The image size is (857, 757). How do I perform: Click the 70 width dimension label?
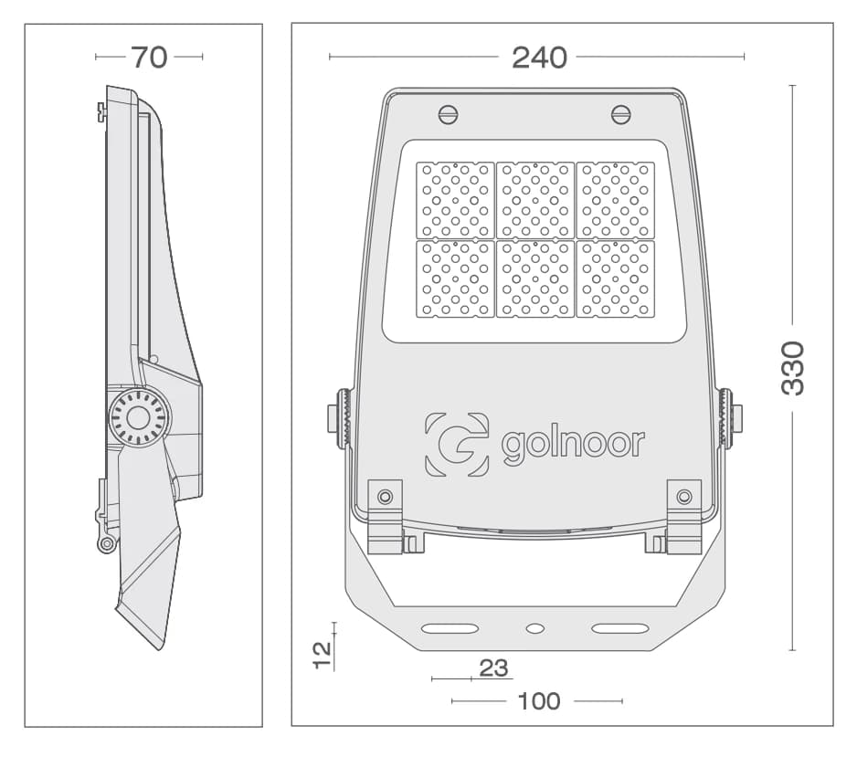[x=149, y=57]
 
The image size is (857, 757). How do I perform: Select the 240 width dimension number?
[x=539, y=58]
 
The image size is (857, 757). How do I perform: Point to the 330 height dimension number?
[x=792, y=368]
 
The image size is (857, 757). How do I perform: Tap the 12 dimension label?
[x=323, y=655]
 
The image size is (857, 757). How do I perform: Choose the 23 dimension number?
[x=493, y=668]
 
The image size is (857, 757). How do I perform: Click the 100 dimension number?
[x=539, y=701]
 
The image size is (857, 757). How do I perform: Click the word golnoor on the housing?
[x=573, y=444]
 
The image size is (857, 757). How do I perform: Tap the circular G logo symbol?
[x=457, y=444]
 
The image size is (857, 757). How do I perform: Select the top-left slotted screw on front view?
[x=449, y=115]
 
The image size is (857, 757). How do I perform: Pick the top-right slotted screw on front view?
[x=621, y=115]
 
